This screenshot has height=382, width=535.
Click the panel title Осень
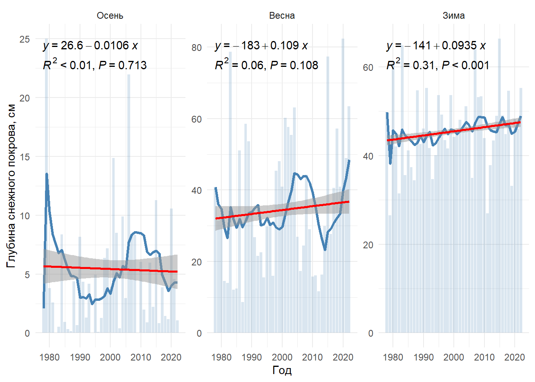[x=110, y=16]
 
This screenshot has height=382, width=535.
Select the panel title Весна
[x=282, y=16]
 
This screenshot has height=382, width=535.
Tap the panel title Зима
[x=453, y=16]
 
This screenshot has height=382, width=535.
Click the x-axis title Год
[x=282, y=370]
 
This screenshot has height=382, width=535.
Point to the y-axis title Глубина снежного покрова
[x=11, y=186]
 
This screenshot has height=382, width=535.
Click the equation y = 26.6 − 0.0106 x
[x=90, y=45]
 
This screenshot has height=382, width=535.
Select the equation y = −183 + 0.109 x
[x=262, y=45]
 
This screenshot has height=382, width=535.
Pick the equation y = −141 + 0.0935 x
[x=436, y=45]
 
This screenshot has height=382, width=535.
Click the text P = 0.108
[x=294, y=65]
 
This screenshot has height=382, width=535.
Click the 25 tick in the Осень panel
[x=25, y=39]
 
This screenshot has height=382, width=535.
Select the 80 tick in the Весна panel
[x=197, y=47]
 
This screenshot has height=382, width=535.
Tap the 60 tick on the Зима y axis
[x=368, y=67]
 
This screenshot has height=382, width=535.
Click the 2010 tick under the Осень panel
[x=141, y=357]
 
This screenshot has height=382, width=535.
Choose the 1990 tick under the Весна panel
[x=252, y=357]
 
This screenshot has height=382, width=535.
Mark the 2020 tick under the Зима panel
[x=515, y=357]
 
